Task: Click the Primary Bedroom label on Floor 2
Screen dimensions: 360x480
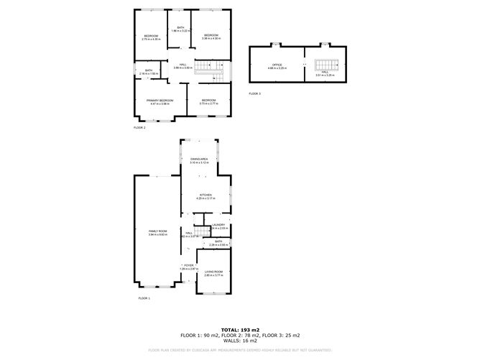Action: [x=160, y=101]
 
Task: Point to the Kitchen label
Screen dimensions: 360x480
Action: [x=206, y=195]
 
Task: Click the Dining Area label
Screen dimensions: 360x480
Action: [x=199, y=160]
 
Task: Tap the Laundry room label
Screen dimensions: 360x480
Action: [x=218, y=226]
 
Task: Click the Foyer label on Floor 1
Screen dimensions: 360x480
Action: [x=188, y=266]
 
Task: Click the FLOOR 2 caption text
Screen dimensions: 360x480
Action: [x=139, y=127]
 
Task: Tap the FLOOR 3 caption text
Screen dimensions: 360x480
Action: [x=255, y=93]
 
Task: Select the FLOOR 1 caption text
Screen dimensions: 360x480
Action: [x=144, y=297]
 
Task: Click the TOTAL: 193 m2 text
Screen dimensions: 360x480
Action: [x=240, y=329]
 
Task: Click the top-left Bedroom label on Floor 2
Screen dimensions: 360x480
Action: [x=151, y=37]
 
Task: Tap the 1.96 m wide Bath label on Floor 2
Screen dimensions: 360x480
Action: [x=180, y=29]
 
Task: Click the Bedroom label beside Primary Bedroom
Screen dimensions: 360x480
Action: [x=209, y=101]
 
